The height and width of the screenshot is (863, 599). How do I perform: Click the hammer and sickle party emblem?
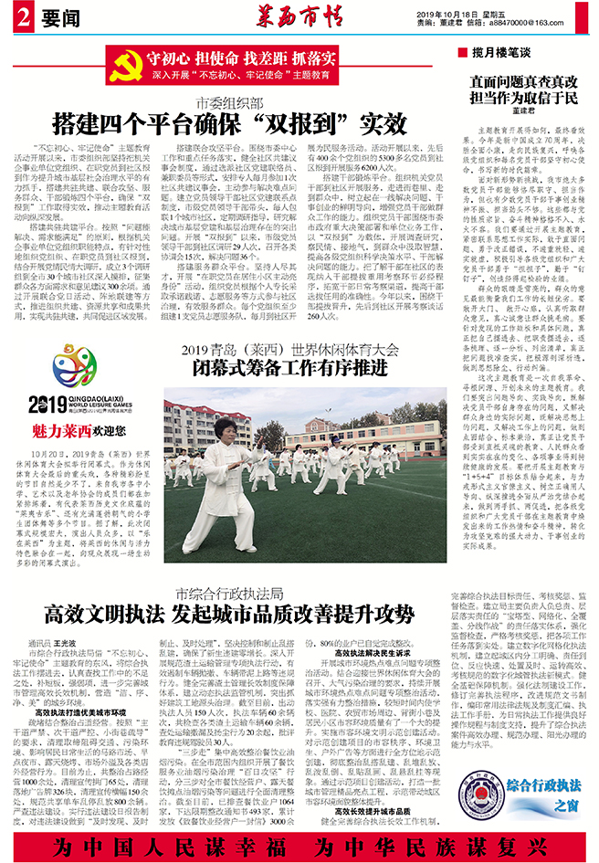[x=125, y=62]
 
